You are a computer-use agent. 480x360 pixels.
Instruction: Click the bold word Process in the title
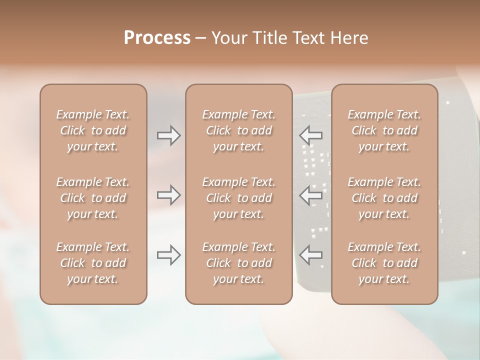pyautogui.click(x=157, y=38)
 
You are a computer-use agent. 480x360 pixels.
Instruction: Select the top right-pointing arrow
pyautogui.click(x=169, y=135)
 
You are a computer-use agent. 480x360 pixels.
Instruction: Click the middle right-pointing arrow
pyautogui.click(x=169, y=195)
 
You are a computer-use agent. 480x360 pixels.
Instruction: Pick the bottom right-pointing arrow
pyautogui.click(x=169, y=255)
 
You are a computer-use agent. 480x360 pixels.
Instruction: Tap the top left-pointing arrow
pyautogui.click(x=311, y=135)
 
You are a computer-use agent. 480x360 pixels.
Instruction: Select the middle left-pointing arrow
pyautogui.click(x=311, y=195)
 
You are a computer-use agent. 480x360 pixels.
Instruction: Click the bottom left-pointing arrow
pyautogui.click(x=311, y=255)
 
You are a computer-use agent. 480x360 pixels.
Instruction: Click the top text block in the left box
pyautogui.click(x=93, y=130)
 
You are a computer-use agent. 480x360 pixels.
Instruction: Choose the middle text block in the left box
pyautogui.click(x=93, y=198)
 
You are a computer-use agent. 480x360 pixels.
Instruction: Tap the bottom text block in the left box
pyautogui.click(x=93, y=263)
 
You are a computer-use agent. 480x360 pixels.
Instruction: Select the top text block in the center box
pyautogui.click(x=239, y=130)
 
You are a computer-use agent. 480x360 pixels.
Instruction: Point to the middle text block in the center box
pyautogui.click(x=239, y=198)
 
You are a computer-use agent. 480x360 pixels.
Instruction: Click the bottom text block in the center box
pyautogui.click(x=239, y=263)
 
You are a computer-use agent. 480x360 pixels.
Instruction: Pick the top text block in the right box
pyautogui.click(x=384, y=130)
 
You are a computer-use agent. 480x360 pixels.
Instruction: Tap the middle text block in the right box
pyautogui.click(x=384, y=198)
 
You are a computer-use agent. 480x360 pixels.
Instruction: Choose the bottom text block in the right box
pyautogui.click(x=384, y=263)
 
